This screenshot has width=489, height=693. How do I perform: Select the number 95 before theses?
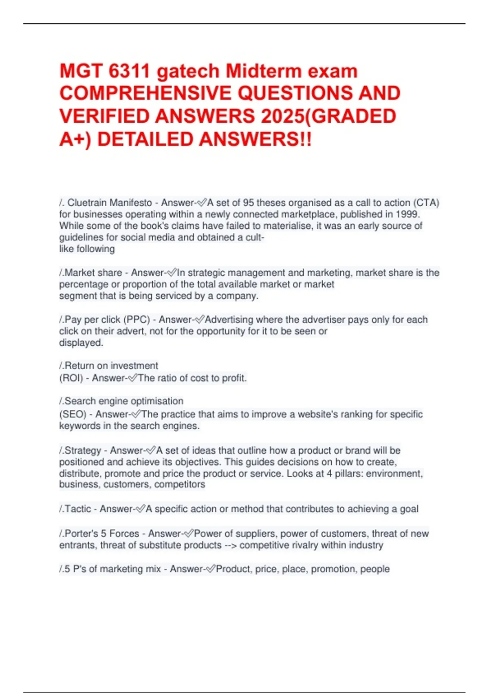coord(248,203)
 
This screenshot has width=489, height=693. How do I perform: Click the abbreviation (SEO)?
coord(73,414)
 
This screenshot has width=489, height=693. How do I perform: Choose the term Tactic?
coord(78,509)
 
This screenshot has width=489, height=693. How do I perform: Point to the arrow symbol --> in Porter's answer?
coord(230,545)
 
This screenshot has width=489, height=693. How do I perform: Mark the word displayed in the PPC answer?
coord(81,342)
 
